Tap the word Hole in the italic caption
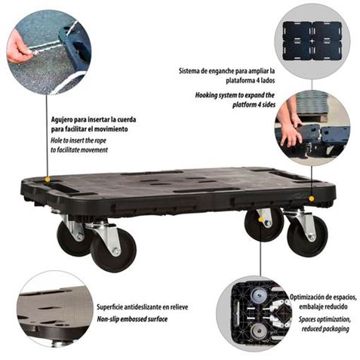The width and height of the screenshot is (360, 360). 57,140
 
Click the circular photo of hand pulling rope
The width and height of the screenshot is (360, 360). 49,52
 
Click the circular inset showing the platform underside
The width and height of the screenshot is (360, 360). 254,314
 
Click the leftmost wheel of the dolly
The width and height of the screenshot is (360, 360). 74,238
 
